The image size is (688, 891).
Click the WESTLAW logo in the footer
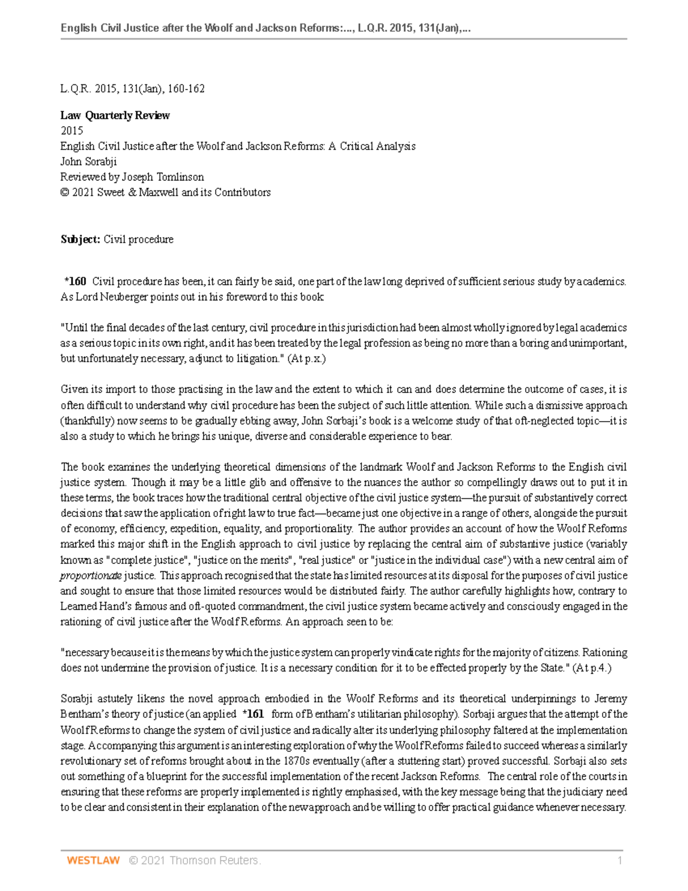coord(93,860)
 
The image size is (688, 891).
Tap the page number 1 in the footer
coord(620,860)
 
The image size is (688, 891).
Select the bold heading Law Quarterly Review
coord(115,115)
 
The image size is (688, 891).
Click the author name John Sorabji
coord(88,161)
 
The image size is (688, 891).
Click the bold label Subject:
coord(80,239)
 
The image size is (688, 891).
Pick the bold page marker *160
coord(75,281)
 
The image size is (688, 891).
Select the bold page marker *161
coord(253,714)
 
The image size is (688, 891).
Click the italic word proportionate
coord(91,575)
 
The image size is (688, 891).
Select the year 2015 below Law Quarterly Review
coord(72,131)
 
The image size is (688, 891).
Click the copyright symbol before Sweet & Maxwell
coord(65,193)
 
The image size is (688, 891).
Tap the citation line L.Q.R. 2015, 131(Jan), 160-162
coord(132,89)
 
